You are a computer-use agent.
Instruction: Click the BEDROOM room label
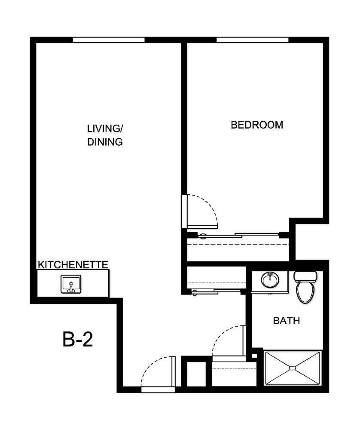coord(257,125)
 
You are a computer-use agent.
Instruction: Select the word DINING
coord(105,142)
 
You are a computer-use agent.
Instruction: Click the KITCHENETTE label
coord(73,264)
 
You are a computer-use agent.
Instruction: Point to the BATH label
coord(287,321)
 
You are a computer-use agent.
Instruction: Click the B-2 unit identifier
coord(78,340)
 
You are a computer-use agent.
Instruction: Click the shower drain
coord(292,368)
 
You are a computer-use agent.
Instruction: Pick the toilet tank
coord(305,276)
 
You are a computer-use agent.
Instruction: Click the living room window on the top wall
coord(108,40)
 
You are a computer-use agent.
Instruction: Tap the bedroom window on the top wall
coord(252,40)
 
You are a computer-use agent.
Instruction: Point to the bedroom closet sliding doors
coord(239,235)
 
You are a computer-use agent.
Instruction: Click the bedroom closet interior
coord(238,249)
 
